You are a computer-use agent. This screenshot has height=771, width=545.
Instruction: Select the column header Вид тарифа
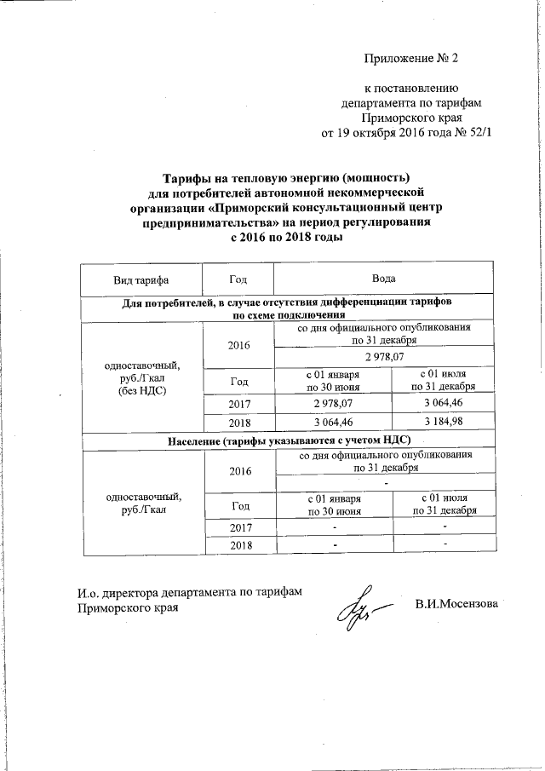coord(141,280)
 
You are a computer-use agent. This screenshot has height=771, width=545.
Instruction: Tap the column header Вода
coord(382,280)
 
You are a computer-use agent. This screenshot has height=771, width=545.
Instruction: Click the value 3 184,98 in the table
coord(442,423)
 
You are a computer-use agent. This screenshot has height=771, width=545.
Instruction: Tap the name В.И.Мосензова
coord(457,604)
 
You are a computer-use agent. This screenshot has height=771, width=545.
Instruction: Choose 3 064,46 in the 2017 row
coord(442,402)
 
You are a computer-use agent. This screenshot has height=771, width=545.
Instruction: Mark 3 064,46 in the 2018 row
coord(333,423)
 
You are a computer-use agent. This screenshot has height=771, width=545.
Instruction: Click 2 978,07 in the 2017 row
coord(333,402)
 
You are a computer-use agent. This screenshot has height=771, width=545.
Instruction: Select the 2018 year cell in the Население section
coord(238,544)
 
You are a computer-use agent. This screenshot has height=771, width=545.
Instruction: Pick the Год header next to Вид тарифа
coord(238,280)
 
